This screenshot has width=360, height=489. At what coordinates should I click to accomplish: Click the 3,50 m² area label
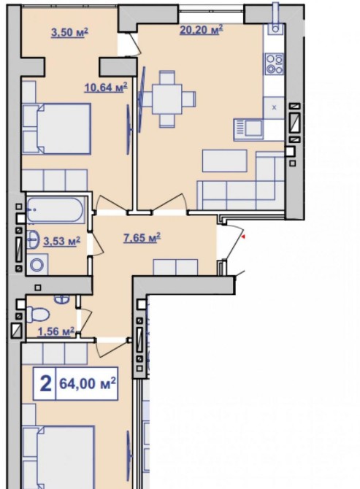[69, 32]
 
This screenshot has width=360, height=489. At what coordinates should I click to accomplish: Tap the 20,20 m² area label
[202, 30]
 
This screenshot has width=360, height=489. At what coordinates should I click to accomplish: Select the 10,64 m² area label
[106, 88]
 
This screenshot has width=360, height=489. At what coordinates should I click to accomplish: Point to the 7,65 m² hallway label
[142, 238]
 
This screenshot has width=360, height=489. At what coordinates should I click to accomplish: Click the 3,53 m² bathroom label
[62, 241]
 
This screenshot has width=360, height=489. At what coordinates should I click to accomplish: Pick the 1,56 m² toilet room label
[56, 331]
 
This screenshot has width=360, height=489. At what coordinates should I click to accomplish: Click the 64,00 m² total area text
[88, 383]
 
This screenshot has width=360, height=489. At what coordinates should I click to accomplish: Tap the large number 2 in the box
[45, 383]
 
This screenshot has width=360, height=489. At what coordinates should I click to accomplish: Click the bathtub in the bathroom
[55, 210]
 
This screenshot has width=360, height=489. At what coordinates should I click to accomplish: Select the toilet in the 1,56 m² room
[37, 314]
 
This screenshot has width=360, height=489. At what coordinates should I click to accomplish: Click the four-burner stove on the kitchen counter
[275, 64]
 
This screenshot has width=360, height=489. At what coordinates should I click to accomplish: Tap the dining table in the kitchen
[167, 99]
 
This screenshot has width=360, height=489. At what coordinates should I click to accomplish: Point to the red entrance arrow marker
[243, 237]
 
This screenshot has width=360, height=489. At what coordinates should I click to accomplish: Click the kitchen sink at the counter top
[275, 28]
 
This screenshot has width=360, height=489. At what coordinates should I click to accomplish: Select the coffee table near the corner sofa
[225, 161]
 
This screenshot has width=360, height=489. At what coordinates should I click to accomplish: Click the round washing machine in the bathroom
[37, 265]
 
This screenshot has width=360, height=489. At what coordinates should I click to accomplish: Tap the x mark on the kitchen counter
[275, 107]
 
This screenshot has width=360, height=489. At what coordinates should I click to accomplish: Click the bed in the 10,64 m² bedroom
[56, 128]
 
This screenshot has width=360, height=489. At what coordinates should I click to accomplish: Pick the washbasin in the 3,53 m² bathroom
[33, 239]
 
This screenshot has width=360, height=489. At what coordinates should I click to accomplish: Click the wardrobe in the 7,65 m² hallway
[175, 267]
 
